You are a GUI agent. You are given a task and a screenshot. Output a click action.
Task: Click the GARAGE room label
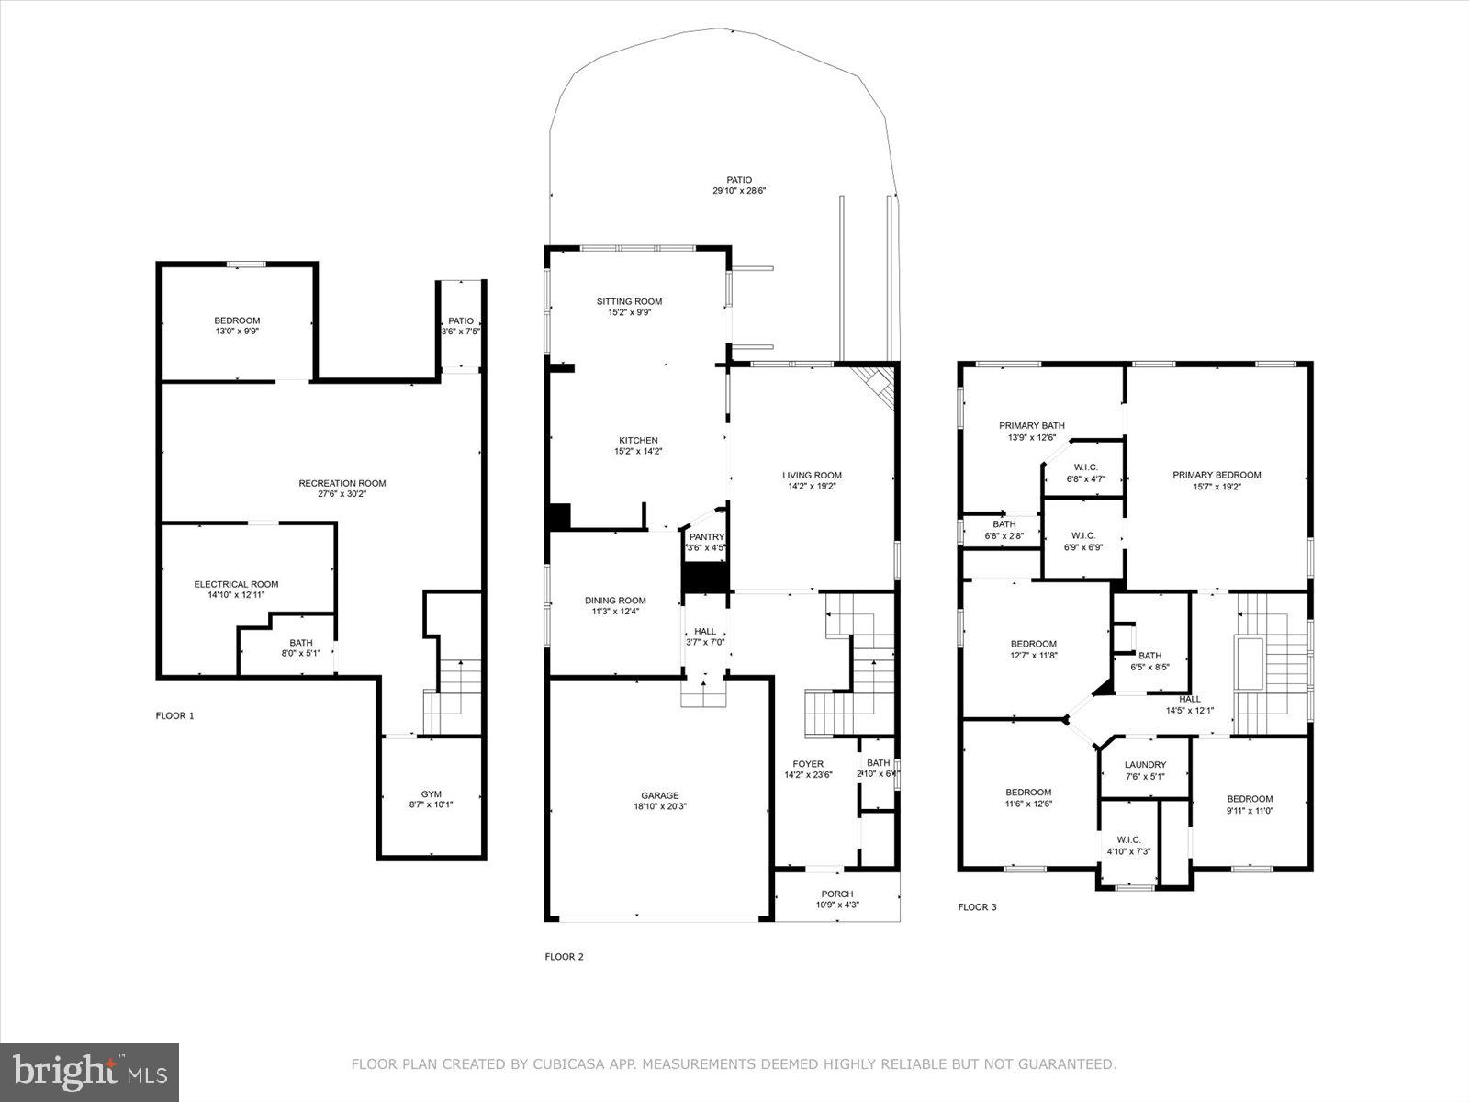click(x=659, y=795)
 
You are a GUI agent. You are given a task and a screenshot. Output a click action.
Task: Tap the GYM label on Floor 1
click(x=431, y=793)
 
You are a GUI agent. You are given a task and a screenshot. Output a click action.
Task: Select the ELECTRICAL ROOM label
click(x=236, y=584)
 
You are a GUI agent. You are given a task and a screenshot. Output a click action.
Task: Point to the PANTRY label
click(x=707, y=537)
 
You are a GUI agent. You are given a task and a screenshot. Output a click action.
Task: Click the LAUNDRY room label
click(x=1145, y=764)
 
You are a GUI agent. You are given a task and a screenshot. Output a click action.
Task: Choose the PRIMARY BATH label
click(x=1032, y=425)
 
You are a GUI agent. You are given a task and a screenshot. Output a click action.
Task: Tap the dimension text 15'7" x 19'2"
click(x=1217, y=487)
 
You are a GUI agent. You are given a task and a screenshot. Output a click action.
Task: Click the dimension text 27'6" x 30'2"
click(x=342, y=494)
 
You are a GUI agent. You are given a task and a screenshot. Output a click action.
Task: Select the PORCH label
click(x=836, y=894)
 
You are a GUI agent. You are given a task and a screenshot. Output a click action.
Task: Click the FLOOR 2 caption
click(x=564, y=957)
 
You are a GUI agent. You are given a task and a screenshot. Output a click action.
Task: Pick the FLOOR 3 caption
click(x=977, y=907)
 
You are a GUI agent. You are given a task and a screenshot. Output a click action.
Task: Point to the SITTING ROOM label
click(x=629, y=301)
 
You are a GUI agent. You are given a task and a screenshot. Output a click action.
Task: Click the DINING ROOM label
click(x=615, y=601)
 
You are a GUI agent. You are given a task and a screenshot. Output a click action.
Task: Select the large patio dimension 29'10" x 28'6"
click(x=739, y=191)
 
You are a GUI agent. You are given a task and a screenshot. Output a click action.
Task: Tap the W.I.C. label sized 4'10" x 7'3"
click(x=1128, y=839)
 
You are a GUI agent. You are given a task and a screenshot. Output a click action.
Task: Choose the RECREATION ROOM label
click(x=342, y=483)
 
